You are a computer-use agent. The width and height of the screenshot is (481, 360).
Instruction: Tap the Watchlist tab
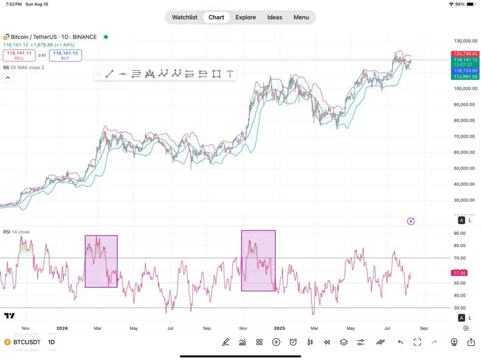pos(184,17)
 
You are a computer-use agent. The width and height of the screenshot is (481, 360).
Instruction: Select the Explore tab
pos(245,17)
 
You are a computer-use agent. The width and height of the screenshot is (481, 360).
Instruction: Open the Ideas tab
pos(275,17)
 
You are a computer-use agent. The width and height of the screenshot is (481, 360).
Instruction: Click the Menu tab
pos(301,17)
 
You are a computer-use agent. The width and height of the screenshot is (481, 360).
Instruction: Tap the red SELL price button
pos(19,55)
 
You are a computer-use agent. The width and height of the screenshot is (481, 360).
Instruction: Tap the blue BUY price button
pos(65,55)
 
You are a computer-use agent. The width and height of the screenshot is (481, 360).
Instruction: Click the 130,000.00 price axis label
pos(465,41)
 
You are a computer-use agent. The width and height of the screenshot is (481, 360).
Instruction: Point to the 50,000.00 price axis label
pos(465,168)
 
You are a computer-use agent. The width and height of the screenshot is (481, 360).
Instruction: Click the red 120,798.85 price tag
pos(465,54)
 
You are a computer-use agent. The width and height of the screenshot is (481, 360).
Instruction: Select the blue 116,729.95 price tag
pos(465,70)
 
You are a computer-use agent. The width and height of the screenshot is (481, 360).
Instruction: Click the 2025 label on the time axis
pos(279,328)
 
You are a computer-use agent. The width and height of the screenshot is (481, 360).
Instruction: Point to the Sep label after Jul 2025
pos(424,328)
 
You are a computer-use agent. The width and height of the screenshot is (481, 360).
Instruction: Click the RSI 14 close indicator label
pos(16,232)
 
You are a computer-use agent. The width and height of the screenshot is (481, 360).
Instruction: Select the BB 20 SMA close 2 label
pos(24,68)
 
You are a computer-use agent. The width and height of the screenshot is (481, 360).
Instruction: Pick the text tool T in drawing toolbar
pos(230,74)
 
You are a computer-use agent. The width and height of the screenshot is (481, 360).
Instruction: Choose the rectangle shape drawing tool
pos(216,74)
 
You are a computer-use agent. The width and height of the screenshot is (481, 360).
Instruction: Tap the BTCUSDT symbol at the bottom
pos(27,342)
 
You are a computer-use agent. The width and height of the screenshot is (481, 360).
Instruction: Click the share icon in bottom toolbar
pos(471,342)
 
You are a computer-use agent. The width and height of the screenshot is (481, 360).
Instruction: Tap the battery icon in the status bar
pos(471,4)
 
